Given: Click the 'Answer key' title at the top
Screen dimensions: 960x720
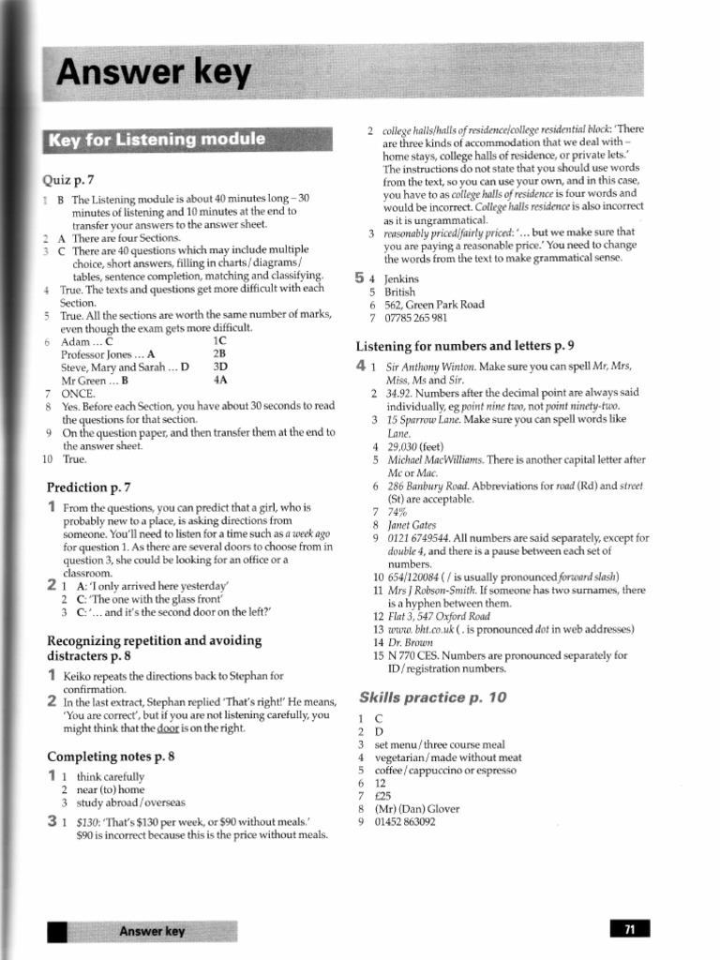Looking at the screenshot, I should (x=155, y=72).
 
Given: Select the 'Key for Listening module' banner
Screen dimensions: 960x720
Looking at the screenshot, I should (x=157, y=141).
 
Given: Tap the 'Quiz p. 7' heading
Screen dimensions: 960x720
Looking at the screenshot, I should (x=68, y=179).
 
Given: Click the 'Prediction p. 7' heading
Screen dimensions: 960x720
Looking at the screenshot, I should (x=89, y=487).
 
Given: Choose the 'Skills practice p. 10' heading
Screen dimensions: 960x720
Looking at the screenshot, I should (x=432, y=697).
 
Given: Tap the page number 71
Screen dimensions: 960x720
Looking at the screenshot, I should (x=630, y=929).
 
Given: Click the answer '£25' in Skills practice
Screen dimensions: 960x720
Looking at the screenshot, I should (x=384, y=796).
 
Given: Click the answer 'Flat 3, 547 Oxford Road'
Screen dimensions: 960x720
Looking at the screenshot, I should (x=439, y=616).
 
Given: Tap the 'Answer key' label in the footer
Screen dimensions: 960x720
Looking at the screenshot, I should (x=152, y=931).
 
